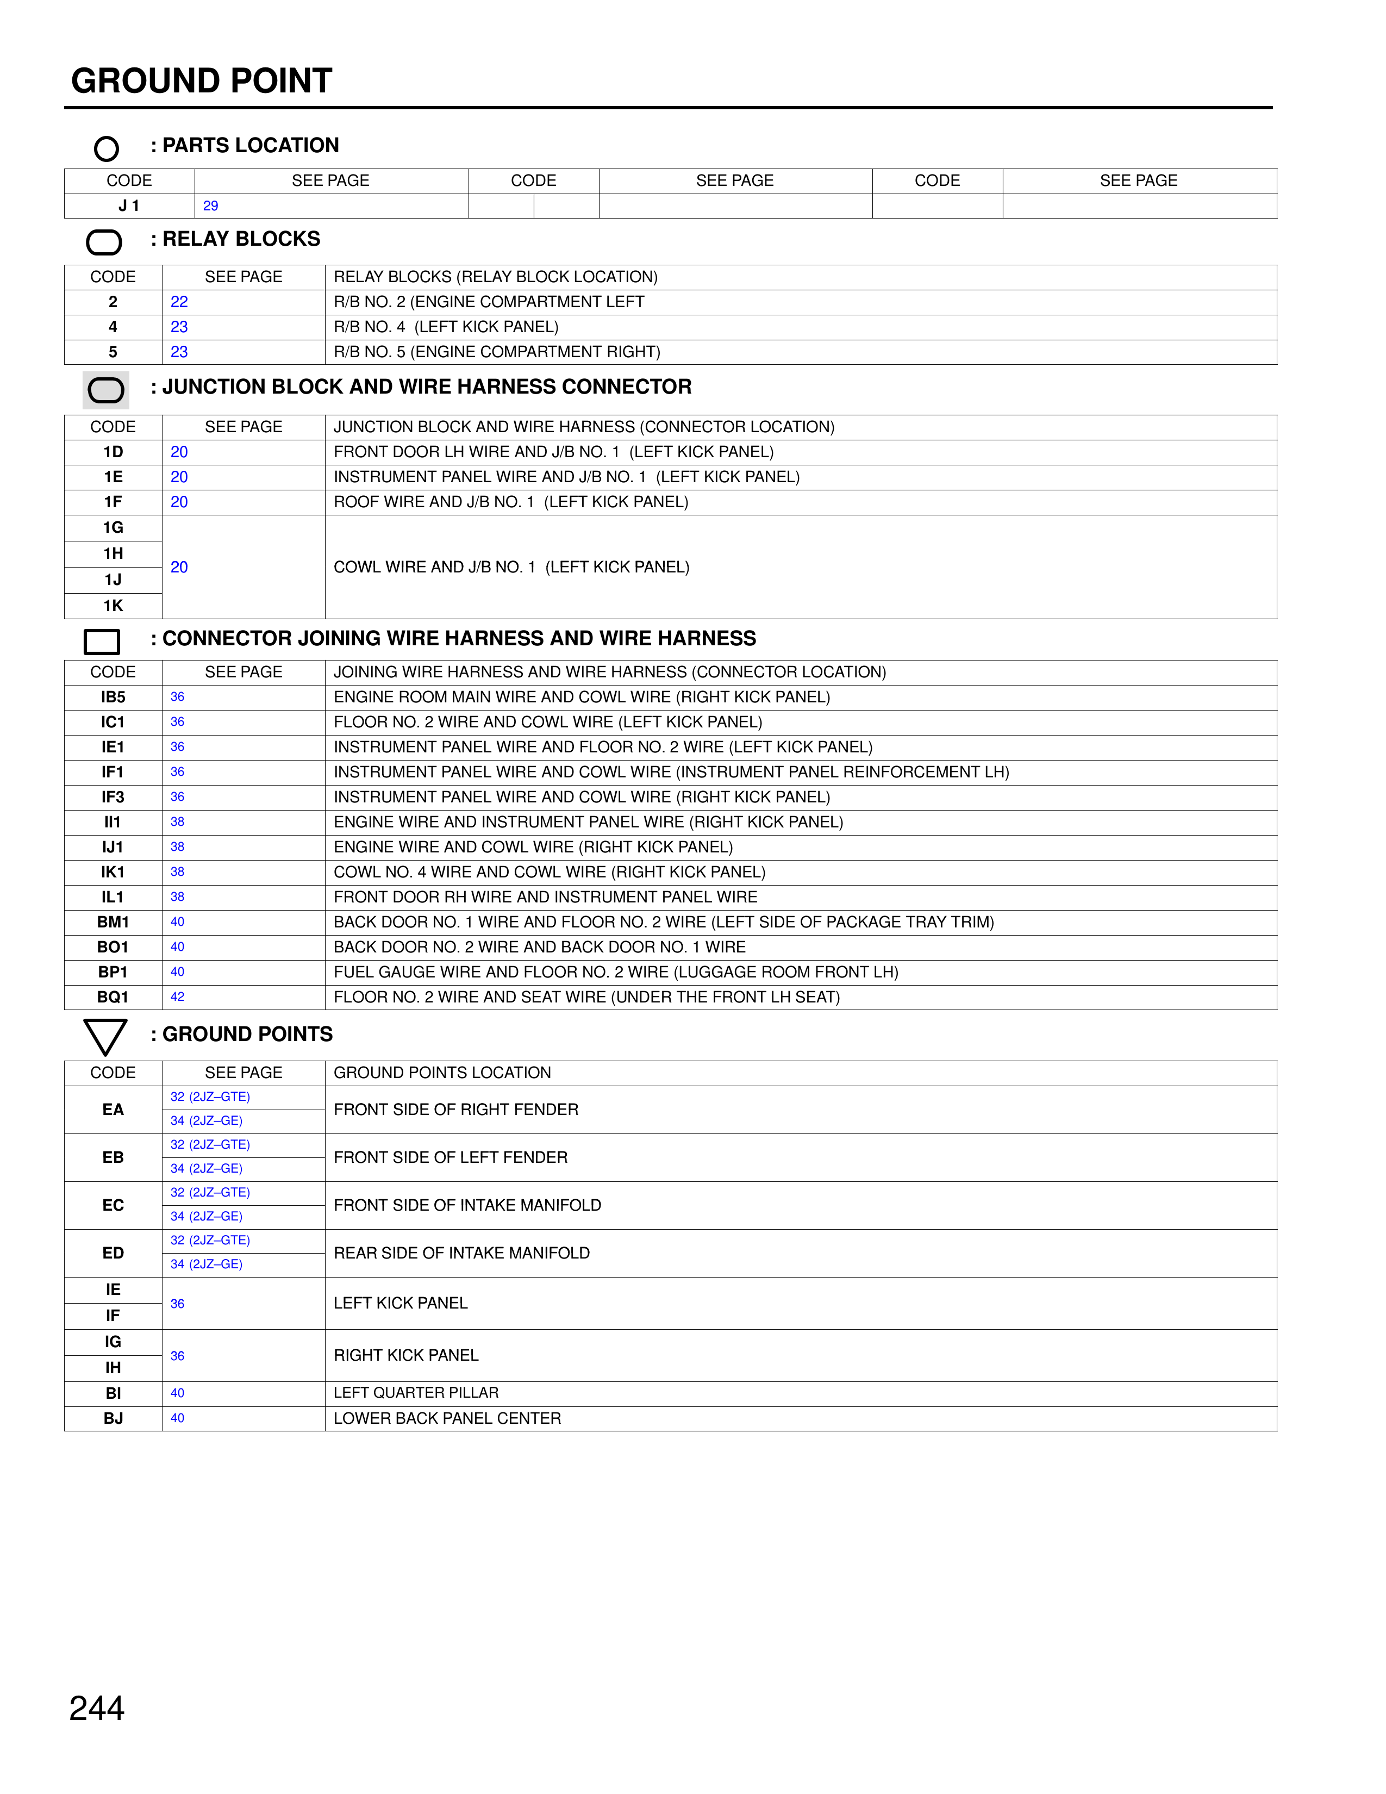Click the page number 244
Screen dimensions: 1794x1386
(97, 1708)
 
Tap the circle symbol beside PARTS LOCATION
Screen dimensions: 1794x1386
(107, 148)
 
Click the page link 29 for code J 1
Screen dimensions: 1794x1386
(210, 206)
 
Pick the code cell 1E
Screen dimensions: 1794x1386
(113, 477)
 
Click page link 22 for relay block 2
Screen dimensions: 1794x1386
(179, 302)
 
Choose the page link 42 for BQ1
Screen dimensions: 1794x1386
(177, 997)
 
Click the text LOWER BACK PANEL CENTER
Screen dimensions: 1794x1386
(447, 1418)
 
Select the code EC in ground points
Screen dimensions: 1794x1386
(113, 1205)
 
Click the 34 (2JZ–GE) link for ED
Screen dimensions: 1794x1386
(206, 1264)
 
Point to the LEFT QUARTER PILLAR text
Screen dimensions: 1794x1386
(416, 1393)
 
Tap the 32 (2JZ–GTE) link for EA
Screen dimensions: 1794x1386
(210, 1097)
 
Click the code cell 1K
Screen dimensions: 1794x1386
(113, 606)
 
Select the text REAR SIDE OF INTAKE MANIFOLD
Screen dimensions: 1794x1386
(461, 1253)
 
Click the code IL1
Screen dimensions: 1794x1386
(113, 897)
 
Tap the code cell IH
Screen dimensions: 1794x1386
(113, 1368)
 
